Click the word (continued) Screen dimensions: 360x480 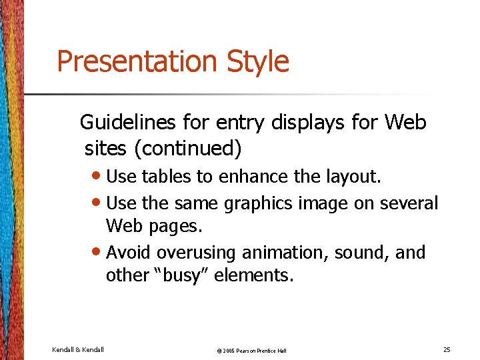187,148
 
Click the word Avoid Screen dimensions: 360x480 129,253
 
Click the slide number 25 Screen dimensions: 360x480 447,349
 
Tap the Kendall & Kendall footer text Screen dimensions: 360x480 77,349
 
